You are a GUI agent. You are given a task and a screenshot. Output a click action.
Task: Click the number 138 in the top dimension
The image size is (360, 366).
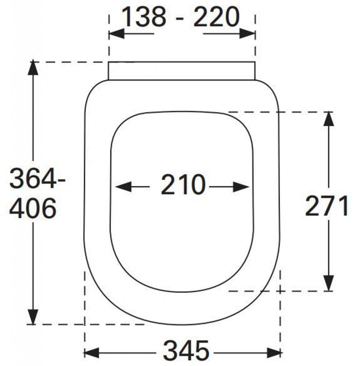(x=144, y=17)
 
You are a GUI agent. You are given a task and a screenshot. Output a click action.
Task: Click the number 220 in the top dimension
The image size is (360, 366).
(x=216, y=17)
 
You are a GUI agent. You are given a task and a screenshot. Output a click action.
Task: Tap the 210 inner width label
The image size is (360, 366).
(x=183, y=185)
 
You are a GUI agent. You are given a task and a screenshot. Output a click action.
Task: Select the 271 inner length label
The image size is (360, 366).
(x=326, y=206)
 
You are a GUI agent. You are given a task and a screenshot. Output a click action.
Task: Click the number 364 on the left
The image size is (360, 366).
(x=32, y=179)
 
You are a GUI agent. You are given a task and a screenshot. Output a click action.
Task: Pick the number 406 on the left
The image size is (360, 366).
(x=33, y=208)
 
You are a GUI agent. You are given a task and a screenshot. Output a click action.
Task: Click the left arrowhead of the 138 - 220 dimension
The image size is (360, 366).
(x=116, y=34)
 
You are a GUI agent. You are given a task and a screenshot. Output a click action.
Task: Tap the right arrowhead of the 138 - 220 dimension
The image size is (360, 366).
(x=247, y=34)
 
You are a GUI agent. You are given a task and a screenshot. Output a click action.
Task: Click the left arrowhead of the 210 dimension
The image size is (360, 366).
(x=123, y=187)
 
